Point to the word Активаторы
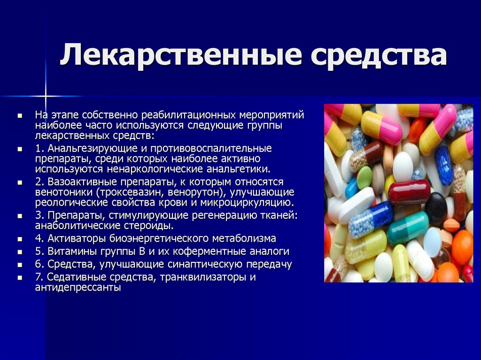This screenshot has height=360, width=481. (74, 238)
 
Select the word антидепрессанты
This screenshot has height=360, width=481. (78, 287)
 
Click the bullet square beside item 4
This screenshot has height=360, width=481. (20, 239)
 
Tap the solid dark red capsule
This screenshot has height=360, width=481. (409, 191)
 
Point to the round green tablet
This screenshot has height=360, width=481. (365, 177)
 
